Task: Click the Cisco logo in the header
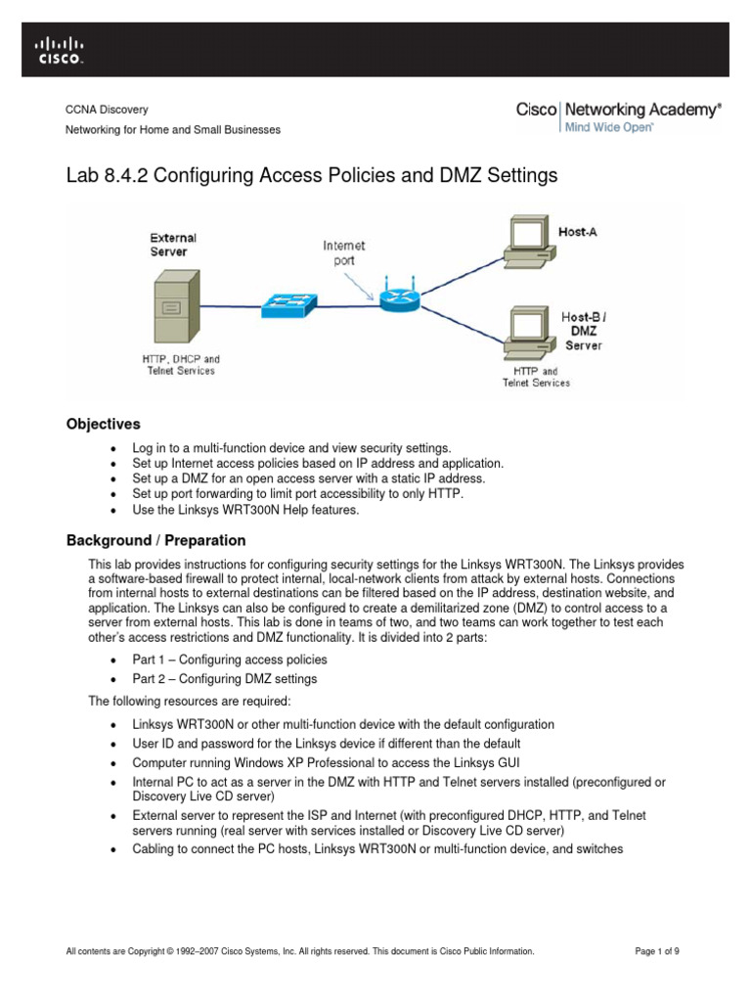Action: (x=59, y=49)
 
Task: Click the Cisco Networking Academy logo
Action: (x=618, y=111)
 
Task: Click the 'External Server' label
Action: (x=173, y=245)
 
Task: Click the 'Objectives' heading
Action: (x=103, y=424)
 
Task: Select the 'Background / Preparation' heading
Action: (x=155, y=540)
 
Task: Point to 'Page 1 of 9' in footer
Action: (x=662, y=950)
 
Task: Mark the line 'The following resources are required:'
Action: (x=191, y=701)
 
